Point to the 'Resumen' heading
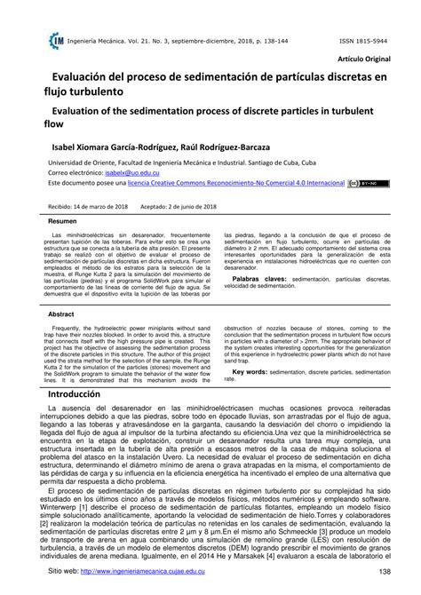[x=62, y=220]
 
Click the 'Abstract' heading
[x=60, y=313]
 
